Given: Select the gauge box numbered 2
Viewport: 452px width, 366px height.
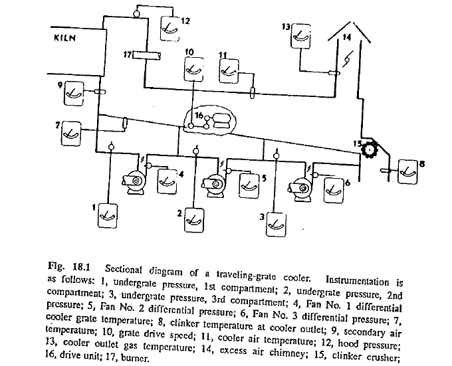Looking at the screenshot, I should [194, 217].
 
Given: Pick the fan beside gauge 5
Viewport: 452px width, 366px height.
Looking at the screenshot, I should [214, 183].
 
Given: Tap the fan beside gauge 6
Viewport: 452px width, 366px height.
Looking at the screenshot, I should [302, 187].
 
